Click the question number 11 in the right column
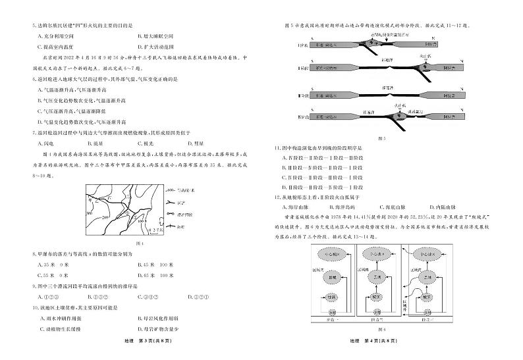(x=280, y=149)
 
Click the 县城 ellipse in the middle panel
(x=375, y=278)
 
